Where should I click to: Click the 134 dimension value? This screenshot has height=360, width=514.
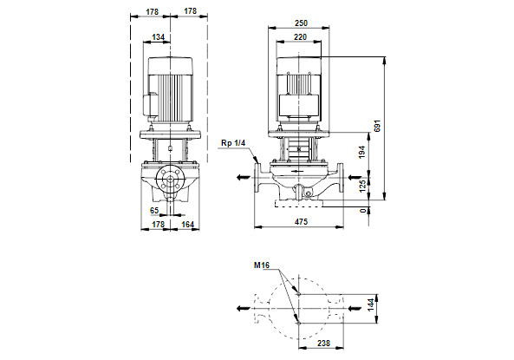click(x=158, y=37)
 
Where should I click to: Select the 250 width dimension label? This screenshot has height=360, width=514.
click(x=301, y=23)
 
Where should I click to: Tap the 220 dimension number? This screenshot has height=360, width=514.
click(x=300, y=37)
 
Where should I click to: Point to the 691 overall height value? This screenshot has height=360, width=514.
click(x=377, y=126)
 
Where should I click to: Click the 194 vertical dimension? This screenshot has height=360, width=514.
click(x=362, y=153)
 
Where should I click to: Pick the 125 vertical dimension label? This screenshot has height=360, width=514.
click(x=362, y=186)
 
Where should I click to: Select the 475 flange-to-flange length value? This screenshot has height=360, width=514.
click(x=301, y=222)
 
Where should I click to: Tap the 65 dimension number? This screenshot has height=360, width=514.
click(x=154, y=210)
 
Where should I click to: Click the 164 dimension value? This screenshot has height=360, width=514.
click(x=187, y=225)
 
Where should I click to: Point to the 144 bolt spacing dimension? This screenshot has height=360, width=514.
click(x=371, y=304)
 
